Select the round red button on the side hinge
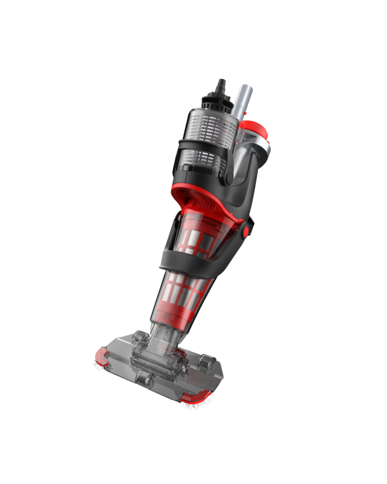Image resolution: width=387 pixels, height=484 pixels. tap(246, 231)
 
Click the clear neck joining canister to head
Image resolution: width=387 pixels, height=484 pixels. tap(163, 336)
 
